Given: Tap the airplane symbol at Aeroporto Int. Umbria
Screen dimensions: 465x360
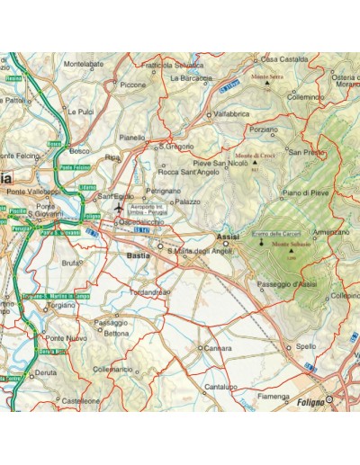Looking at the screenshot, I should (118, 209).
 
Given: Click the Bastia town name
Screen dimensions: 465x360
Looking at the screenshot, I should (139, 256).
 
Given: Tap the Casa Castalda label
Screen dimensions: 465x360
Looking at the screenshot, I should (285, 59).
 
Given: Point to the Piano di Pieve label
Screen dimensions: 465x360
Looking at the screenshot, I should (306, 192).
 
